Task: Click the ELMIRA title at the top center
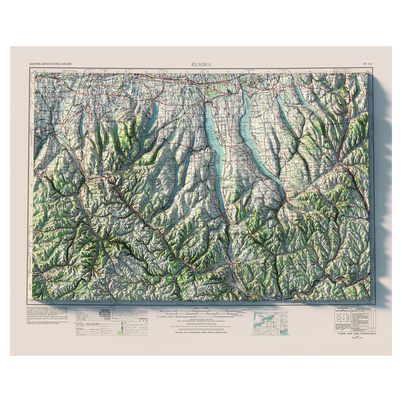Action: click(x=201, y=64)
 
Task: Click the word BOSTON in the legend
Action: click(x=105, y=312)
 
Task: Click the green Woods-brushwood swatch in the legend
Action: click(x=120, y=332)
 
